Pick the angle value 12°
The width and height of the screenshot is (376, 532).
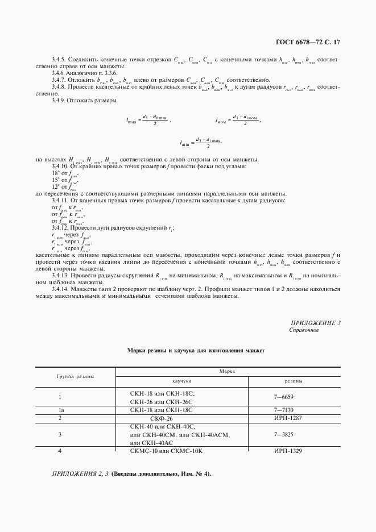55,186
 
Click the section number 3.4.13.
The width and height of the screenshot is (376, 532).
60,276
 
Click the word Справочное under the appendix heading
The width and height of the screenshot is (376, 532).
304,330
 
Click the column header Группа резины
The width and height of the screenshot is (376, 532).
75,376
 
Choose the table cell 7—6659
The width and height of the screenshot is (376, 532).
284,397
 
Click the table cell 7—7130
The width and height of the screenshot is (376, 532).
284,409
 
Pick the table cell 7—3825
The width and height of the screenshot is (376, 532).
284,434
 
